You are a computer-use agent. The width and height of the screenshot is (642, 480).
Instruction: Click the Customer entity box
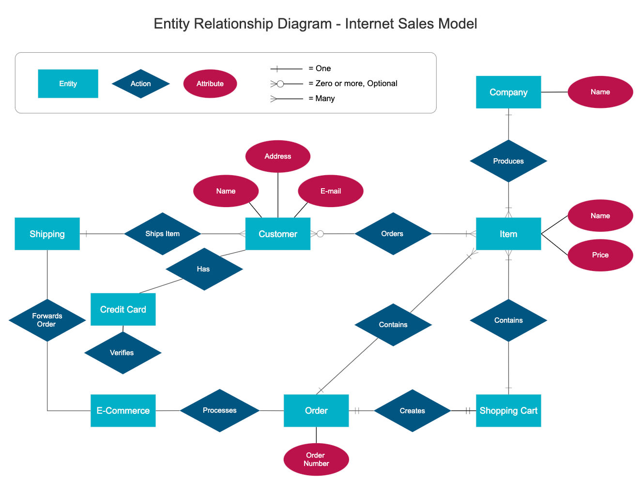pos(277,234)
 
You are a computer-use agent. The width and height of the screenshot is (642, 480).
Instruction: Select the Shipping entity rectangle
pos(47,234)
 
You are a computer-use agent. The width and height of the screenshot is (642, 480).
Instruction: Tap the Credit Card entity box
pos(123,309)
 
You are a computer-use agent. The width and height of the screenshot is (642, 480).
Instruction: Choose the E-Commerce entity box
pos(123,410)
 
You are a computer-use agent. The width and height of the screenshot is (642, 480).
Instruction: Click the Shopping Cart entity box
pos(508,410)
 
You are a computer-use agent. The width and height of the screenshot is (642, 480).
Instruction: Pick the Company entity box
pos(508,92)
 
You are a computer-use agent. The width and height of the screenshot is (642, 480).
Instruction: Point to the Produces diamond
pos(508,161)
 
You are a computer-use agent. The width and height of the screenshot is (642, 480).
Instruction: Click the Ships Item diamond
pos(162,234)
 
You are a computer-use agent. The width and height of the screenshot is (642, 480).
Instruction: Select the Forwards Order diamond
pos(47,320)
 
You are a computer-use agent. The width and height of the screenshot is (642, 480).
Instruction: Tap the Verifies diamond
pos(122,353)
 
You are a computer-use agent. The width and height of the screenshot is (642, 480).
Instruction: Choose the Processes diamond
pos(220,410)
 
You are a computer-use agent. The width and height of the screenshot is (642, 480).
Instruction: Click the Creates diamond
pos(413,411)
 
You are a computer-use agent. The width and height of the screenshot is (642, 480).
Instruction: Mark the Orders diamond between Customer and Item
pos(393,234)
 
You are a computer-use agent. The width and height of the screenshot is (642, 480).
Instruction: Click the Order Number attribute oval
pos(316,459)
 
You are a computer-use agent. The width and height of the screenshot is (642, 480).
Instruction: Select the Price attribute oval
pos(600,255)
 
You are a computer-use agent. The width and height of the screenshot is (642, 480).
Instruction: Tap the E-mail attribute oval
pos(331,191)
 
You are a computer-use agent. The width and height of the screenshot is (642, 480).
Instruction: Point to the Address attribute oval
pos(278,156)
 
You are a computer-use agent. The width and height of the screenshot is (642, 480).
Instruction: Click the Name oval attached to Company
pos(600,92)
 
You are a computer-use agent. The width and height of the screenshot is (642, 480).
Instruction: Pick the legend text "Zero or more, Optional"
pos(356,83)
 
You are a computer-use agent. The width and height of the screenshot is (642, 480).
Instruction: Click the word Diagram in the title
pos(305,24)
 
